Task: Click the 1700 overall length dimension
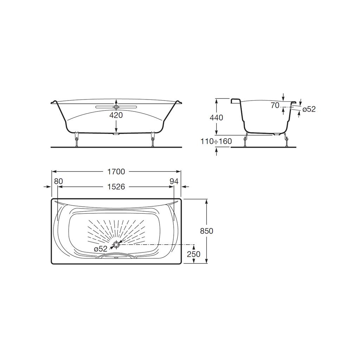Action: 116,172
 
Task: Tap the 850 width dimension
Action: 207,231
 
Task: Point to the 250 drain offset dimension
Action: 194,254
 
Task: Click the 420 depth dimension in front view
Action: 116,115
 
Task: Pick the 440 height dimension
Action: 216,117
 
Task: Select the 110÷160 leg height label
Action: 216,141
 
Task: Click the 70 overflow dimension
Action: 275,105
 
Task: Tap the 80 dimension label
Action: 58,181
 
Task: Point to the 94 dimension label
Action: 174,181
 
